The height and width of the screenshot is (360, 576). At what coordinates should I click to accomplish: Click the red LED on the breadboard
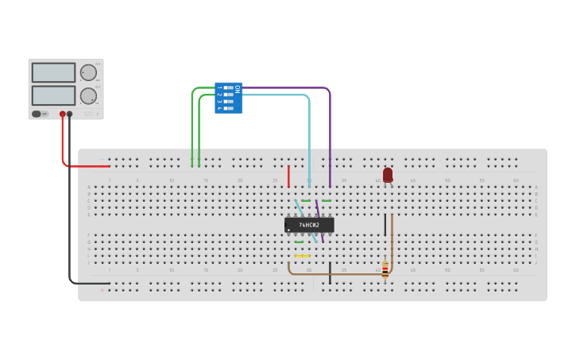pyautogui.click(x=388, y=174)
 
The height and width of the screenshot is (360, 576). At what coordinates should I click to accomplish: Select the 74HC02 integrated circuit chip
pyautogui.click(x=309, y=225)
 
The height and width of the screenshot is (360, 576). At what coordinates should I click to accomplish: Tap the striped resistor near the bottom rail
pyautogui.click(x=385, y=269)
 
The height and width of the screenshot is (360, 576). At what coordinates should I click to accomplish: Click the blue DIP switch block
pyautogui.click(x=229, y=98)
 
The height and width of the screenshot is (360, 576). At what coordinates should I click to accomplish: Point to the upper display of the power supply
pyautogui.click(x=53, y=72)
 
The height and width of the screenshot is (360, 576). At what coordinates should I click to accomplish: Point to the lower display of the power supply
pyautogui.click(x=53, y=95)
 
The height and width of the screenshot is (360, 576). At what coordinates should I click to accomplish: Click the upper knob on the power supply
pyautogui.click(x=88, y=73)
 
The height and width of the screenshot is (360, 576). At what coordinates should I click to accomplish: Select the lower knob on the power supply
pyautogui.click(x=88, y=96)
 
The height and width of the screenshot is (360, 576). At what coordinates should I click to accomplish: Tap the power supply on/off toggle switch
pyautogui.click(x=37, y=114)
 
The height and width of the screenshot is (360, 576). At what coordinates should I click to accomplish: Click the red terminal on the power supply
pyautogui.click(x=63, y=114)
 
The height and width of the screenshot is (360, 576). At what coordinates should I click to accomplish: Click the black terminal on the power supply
pyautogui.click(x=70, y=114)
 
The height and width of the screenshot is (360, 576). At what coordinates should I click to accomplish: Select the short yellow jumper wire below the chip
pyautogui.click(x=302, y=256)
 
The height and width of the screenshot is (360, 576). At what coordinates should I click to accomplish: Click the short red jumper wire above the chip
pyautogui.click(x=288, y=176)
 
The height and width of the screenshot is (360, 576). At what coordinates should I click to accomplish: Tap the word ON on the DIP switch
pyautogui.click(x=237, y=89)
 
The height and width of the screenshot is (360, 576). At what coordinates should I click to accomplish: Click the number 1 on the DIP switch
pyautogui.click(x=219, y=87)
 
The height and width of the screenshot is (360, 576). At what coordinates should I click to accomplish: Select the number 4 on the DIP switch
pyautogui.click(x=219, y=108)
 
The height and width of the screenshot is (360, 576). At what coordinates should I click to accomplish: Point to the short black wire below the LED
pyautogui.click(x=385, y=224)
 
